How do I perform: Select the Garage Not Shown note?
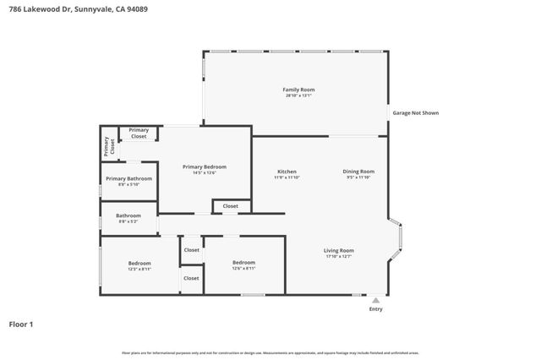(413, 112)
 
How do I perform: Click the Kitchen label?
(287, 172)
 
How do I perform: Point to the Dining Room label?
(358, 172)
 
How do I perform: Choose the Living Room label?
(339, 250)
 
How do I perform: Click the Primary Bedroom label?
(205, 166)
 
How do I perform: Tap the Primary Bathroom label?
(128, 178)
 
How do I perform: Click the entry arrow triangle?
(376, 300)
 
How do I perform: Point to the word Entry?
(376, 309)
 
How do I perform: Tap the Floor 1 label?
(21, 324)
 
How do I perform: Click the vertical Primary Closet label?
(107, 146)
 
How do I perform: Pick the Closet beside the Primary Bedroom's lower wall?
(231, 206)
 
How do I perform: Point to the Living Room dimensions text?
(339, 256)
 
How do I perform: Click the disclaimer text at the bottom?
(270, 352)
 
